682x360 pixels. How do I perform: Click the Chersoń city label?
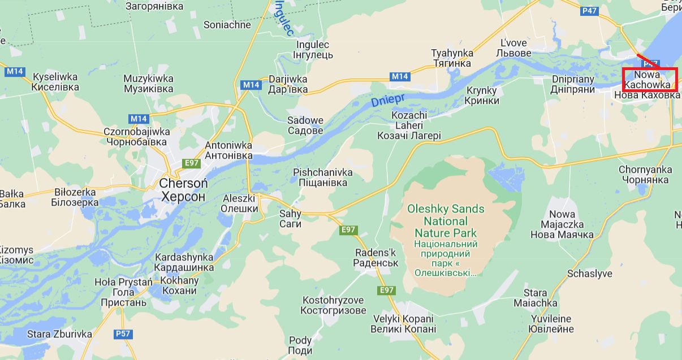point(183,190)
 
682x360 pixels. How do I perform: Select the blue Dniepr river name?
point(386,101)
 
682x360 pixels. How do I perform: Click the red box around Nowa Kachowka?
point(650,80)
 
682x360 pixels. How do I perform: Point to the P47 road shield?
point(589,11)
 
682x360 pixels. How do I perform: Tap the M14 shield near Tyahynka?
point(400,76)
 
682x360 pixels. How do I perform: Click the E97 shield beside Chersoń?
point(192,163)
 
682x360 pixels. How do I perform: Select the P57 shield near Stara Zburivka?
point(123,333)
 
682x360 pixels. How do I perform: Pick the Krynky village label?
point(482,96)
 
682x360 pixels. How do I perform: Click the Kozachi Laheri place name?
point(409,125)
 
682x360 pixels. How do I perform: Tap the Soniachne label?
point(227,25)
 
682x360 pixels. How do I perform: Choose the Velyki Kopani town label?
point(403,323)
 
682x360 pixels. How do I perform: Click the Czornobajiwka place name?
point(136,136)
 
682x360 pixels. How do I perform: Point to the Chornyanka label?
point(645,175)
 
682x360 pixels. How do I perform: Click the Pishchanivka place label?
point(323,177)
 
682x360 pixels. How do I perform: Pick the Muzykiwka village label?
point(148,84)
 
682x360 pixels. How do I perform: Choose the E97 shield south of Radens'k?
point(386,290)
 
